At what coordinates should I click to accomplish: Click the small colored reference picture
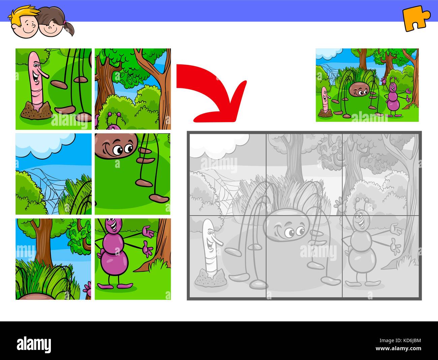coord(367,85)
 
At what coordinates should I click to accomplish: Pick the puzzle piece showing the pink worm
coord(54,89)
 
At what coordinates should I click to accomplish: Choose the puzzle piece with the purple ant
coord(132,259)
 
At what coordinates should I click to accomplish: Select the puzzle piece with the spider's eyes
coord(132,174)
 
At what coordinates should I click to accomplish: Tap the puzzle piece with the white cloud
coord(54,174)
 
